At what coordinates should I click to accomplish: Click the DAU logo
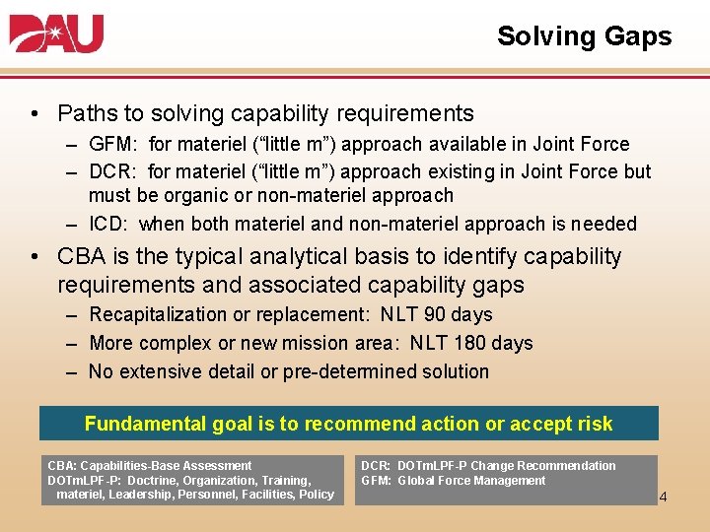(x=56, y=34)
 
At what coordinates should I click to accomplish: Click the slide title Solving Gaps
(x=584, y=36)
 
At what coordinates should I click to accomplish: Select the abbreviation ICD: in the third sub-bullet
(x=109, y=224)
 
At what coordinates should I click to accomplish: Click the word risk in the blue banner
(x=591, y=425)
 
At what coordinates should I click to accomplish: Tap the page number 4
(x=663, y=497)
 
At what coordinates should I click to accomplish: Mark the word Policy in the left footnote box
(x=316, y=495)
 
